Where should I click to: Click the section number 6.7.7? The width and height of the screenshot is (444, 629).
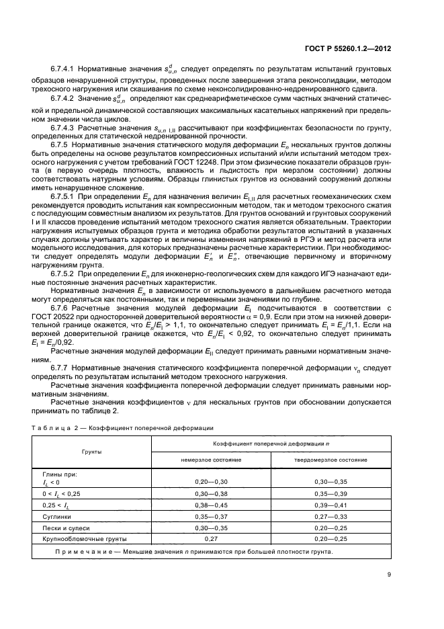coord(60,368)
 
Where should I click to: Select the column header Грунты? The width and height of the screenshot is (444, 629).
coord(92,452)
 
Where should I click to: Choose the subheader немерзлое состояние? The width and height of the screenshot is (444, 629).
coord(211,460)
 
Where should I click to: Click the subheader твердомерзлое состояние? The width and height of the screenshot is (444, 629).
coord(330,460)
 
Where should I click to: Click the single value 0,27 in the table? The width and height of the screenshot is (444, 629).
coord(211,539)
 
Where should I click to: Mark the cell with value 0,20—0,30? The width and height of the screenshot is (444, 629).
coord(211,482)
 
